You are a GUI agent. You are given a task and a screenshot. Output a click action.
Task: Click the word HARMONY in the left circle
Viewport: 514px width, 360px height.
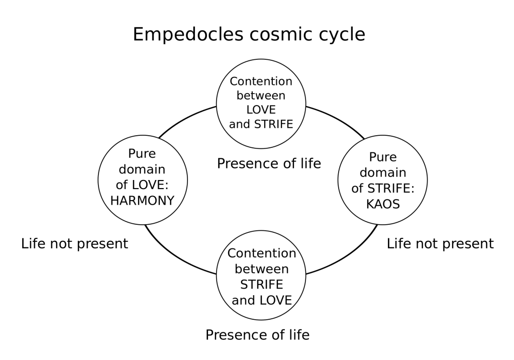pos(142,201)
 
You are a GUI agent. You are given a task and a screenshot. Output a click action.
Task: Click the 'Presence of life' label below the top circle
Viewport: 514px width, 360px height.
pos(269,164)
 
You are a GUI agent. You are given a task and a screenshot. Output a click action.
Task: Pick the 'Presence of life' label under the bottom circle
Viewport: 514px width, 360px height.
pos(257,335)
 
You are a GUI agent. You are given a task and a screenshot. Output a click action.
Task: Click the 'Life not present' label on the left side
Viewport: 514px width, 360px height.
pos(75,244)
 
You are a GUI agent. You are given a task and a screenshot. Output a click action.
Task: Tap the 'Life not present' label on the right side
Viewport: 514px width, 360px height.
pos(440,244)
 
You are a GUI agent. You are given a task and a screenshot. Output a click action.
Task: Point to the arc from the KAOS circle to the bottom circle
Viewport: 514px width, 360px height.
pos(347,256)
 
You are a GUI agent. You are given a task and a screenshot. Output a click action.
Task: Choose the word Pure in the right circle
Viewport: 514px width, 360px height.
pos(383,157)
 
